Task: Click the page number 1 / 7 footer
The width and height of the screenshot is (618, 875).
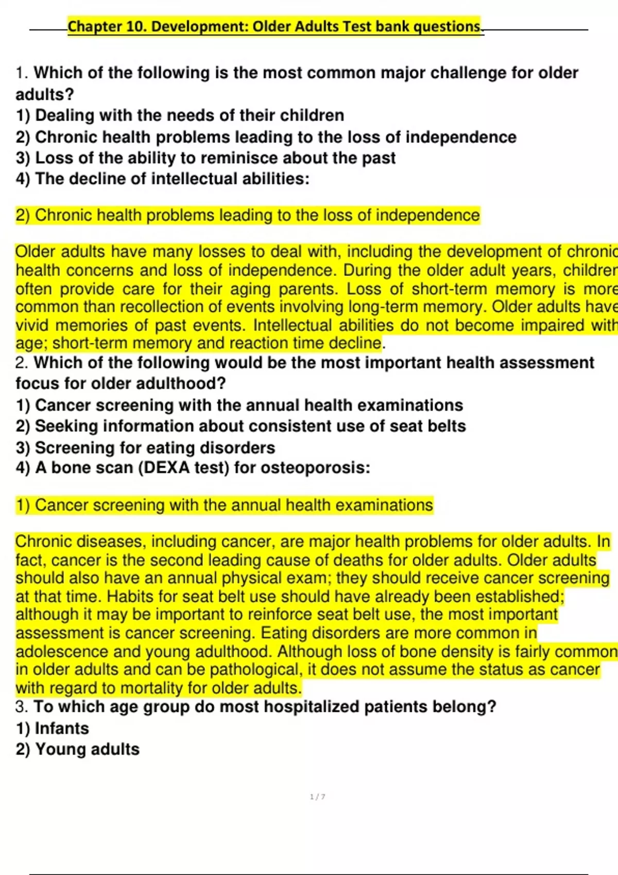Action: [317, 797]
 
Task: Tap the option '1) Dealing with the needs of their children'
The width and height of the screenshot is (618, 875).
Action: [180, 115]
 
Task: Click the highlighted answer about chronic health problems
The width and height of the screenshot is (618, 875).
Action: [247, 215]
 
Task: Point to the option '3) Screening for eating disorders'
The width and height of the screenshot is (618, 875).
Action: [145, 448]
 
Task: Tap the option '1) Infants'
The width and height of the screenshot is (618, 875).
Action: [52, 728]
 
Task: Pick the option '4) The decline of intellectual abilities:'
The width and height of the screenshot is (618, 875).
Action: [162, 179]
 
